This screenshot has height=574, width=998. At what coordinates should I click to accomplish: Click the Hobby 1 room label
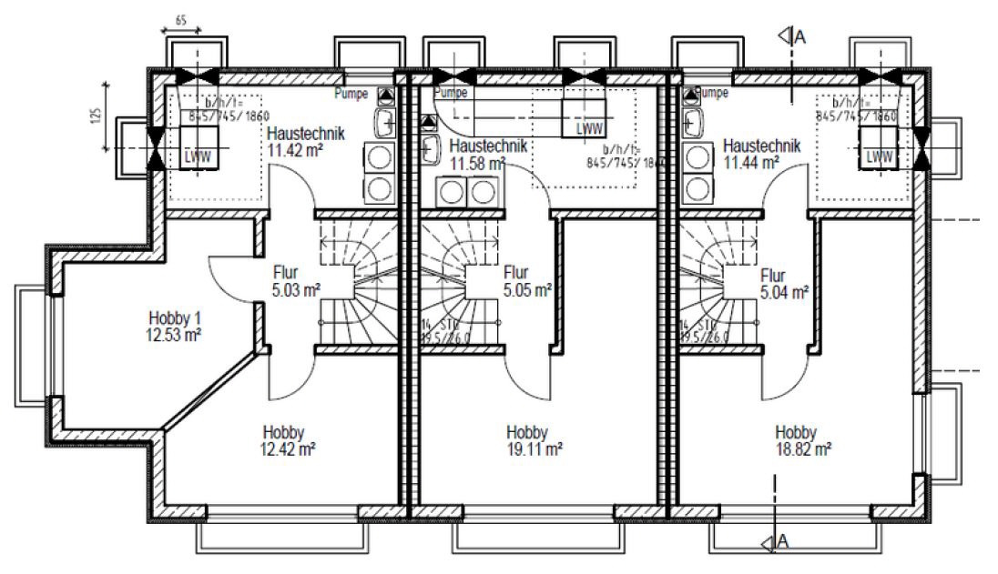[174, 318]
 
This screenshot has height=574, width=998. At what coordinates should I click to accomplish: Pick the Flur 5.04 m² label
[784, 283]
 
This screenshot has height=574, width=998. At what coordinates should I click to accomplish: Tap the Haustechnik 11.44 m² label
[760, 153]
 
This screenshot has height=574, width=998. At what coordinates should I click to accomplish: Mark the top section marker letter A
[800, 36]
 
